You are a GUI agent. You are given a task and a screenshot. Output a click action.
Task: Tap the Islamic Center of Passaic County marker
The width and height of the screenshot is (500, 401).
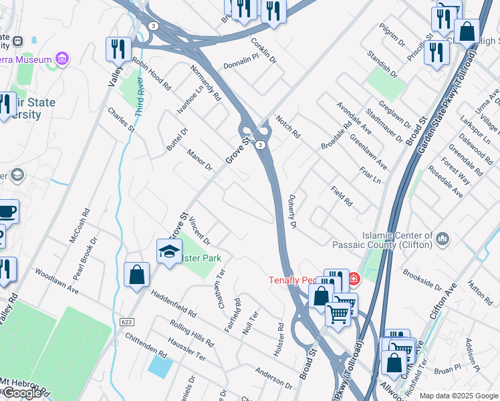pyautogui.click(x=442, y=238)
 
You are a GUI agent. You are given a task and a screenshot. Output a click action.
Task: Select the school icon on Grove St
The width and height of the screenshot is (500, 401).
pyautogui.click(x=169, y=252)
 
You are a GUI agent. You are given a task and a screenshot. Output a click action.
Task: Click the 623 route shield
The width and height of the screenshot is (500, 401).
pyautogui.click(x=126, y=322)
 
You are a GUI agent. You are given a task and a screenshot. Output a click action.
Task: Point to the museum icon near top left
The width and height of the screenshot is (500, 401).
pyautogui.click(x=62, y=59)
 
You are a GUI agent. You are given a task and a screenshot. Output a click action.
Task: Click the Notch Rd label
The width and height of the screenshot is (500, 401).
pyautogui.click(x=287, y=125)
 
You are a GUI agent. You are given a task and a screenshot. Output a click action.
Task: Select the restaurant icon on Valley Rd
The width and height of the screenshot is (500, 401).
pyautogui.click(x=118, y=48)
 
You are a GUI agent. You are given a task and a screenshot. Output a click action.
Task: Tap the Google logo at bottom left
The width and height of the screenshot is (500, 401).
pyautogui.click(x=22, y=393)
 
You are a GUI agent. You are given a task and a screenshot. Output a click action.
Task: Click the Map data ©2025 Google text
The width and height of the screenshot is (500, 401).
pyautogui.click(x=459, y=396)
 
